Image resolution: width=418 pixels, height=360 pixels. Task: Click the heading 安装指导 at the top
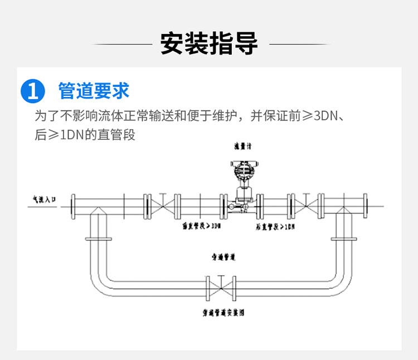[209, 43]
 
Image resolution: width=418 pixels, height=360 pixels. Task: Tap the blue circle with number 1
[33, 90]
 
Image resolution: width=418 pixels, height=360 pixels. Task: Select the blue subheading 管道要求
[94, 90]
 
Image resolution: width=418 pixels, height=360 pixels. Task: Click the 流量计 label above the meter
[243, 145]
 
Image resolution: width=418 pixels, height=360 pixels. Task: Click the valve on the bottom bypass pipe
[221, 288]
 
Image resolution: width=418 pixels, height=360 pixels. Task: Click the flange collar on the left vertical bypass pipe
[98, 239]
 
